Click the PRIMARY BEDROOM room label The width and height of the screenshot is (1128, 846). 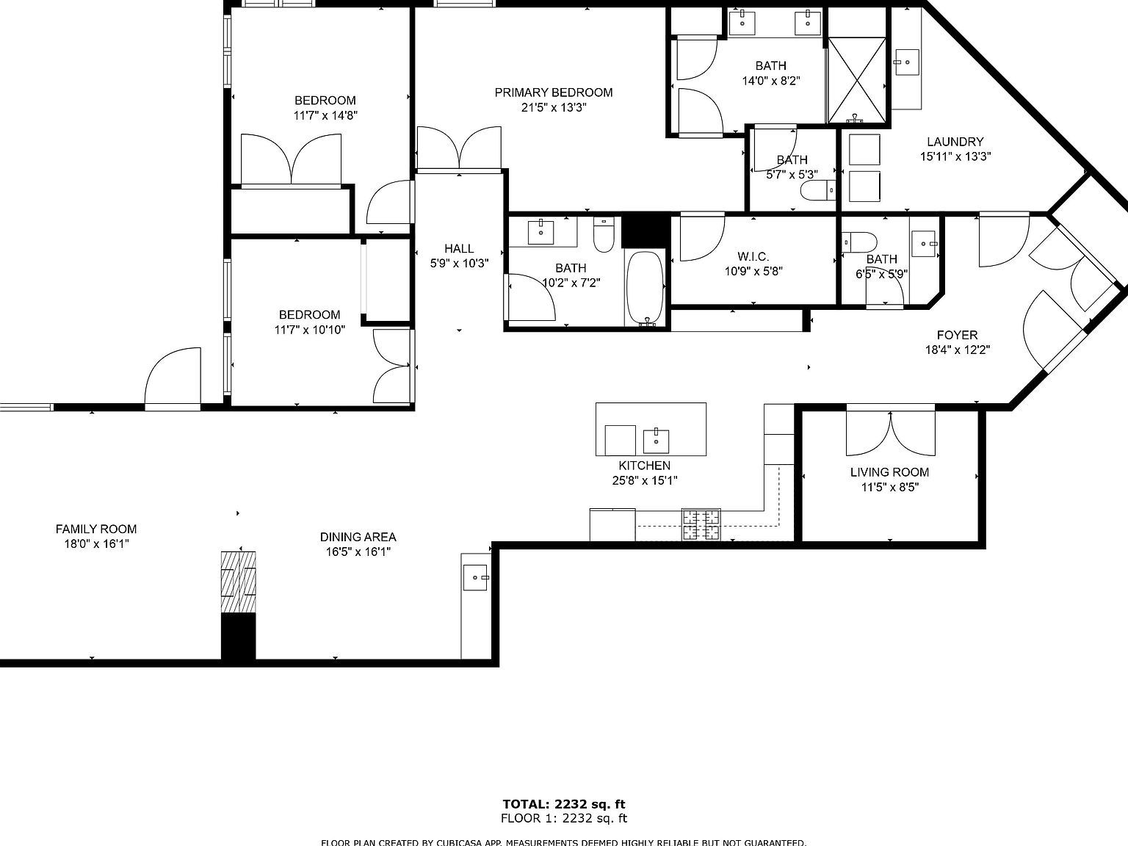(x=553, y=93)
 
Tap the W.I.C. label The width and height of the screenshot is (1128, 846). (x=753, y=256)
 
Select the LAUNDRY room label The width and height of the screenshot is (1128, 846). (x=955, y=142)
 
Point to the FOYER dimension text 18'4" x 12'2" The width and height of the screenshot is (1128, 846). (x=957, y=350)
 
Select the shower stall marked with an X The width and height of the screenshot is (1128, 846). (x=857, y=80)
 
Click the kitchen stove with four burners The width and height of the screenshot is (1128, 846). (x=701, y=524)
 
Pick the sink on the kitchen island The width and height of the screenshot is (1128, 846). (x=656, y=441)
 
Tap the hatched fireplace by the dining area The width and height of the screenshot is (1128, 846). (x=239, y=582)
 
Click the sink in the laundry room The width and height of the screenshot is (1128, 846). (x=907, y=63)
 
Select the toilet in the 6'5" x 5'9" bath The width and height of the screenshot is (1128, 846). (x=859, y=242)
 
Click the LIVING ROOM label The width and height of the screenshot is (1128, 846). (x=889, y=472)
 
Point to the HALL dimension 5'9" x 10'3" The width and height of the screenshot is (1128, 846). (x=459, y=263)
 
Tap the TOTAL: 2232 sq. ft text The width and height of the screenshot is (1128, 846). (x=563, y=804)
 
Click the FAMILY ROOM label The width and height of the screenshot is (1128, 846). (x=96, y=529)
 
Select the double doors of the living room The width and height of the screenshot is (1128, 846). (x=890, y=433)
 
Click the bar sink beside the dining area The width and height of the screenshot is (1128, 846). (x=475, y=578)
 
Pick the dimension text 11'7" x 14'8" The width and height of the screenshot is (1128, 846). (x=325, y=115)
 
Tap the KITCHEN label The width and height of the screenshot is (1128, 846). (x=644, y=466)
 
